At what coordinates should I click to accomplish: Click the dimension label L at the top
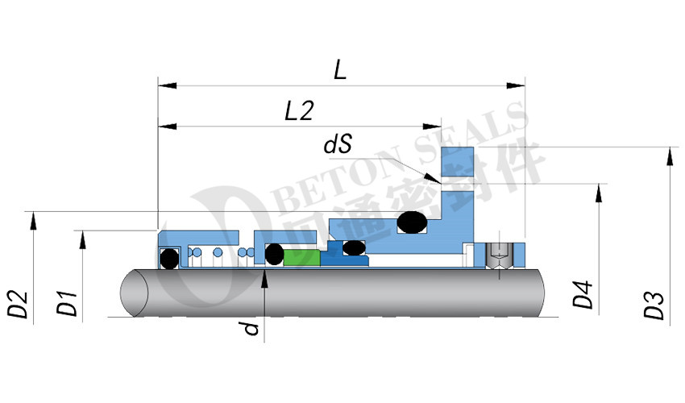pyautogui.click(x=340, y=70)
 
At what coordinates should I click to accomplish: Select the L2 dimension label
pyautogui.click(x=299, y=110)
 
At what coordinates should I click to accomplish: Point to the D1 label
pyautogui.click(x=67, y=302)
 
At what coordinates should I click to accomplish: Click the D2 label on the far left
pyautogui.click(x=18, y=304)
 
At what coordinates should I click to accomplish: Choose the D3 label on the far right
pyautogui.click(x=654, y=305)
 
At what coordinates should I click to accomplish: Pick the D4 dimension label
pyautogui.click(x=583, y=295)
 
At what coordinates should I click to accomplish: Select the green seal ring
pyautogui.click(x=302, y=257)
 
